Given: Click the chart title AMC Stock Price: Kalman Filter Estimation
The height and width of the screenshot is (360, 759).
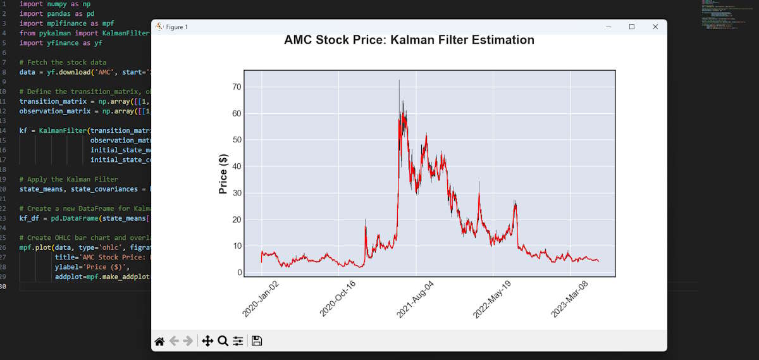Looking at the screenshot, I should (x=409, y=40).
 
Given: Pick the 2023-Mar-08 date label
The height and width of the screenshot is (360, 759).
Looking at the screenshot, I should (x=569, y=299).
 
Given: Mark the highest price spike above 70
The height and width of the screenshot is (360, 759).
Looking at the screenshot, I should (x=399, y=81).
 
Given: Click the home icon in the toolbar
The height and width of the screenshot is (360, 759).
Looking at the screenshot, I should (x=159, y=341).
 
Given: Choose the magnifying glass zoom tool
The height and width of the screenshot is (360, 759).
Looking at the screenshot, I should (x=223, y=341).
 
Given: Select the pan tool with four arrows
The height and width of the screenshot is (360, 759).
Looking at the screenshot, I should (x=207, y=341).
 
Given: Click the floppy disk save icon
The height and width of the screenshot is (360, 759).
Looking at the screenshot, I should (x=257, y=341).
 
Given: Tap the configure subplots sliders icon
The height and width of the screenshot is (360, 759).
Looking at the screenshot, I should (x=238, y=341).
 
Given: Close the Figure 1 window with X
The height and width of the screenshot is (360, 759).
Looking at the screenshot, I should (x=655, y=27).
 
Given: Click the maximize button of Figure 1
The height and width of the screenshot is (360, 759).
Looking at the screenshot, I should (x=631, y=27).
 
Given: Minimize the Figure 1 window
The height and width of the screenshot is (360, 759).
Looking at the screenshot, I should (x=608, y=27).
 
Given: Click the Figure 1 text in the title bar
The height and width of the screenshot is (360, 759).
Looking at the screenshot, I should (x=176, y=27).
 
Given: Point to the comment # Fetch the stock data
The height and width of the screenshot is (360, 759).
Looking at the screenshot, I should (x=63, y=62).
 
